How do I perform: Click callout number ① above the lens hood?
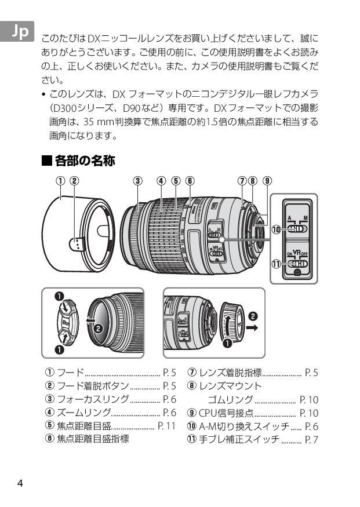pos(60,180)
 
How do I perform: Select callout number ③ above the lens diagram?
pos(137,180)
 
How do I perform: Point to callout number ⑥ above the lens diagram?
pos(190,180)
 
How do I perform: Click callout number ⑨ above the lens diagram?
pos(267,180)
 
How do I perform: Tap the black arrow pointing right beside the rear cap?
pos(253,327)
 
